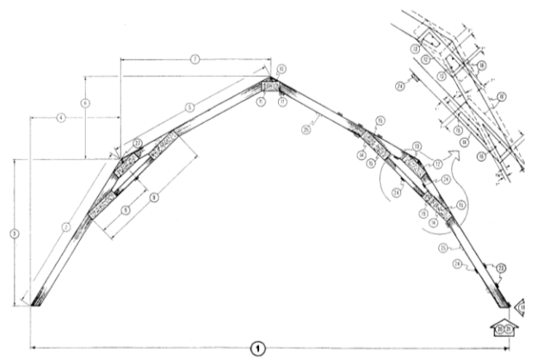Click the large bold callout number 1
(x=256, y=348)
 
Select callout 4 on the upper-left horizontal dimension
(x=60, y=116)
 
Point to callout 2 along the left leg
(x=65, y=227)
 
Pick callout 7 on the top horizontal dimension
(x=195, y=59)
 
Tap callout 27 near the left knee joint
(x=137, y=143)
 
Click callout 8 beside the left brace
(x=155, y=197)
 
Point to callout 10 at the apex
(x=281, y=68)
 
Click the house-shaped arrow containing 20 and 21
(x=504, y=327)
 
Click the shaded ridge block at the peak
(x=270, y=85)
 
